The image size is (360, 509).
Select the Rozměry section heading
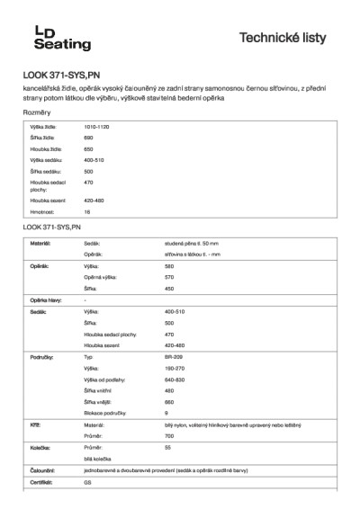coord(37,112)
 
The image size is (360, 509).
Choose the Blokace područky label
coord(105,412)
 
